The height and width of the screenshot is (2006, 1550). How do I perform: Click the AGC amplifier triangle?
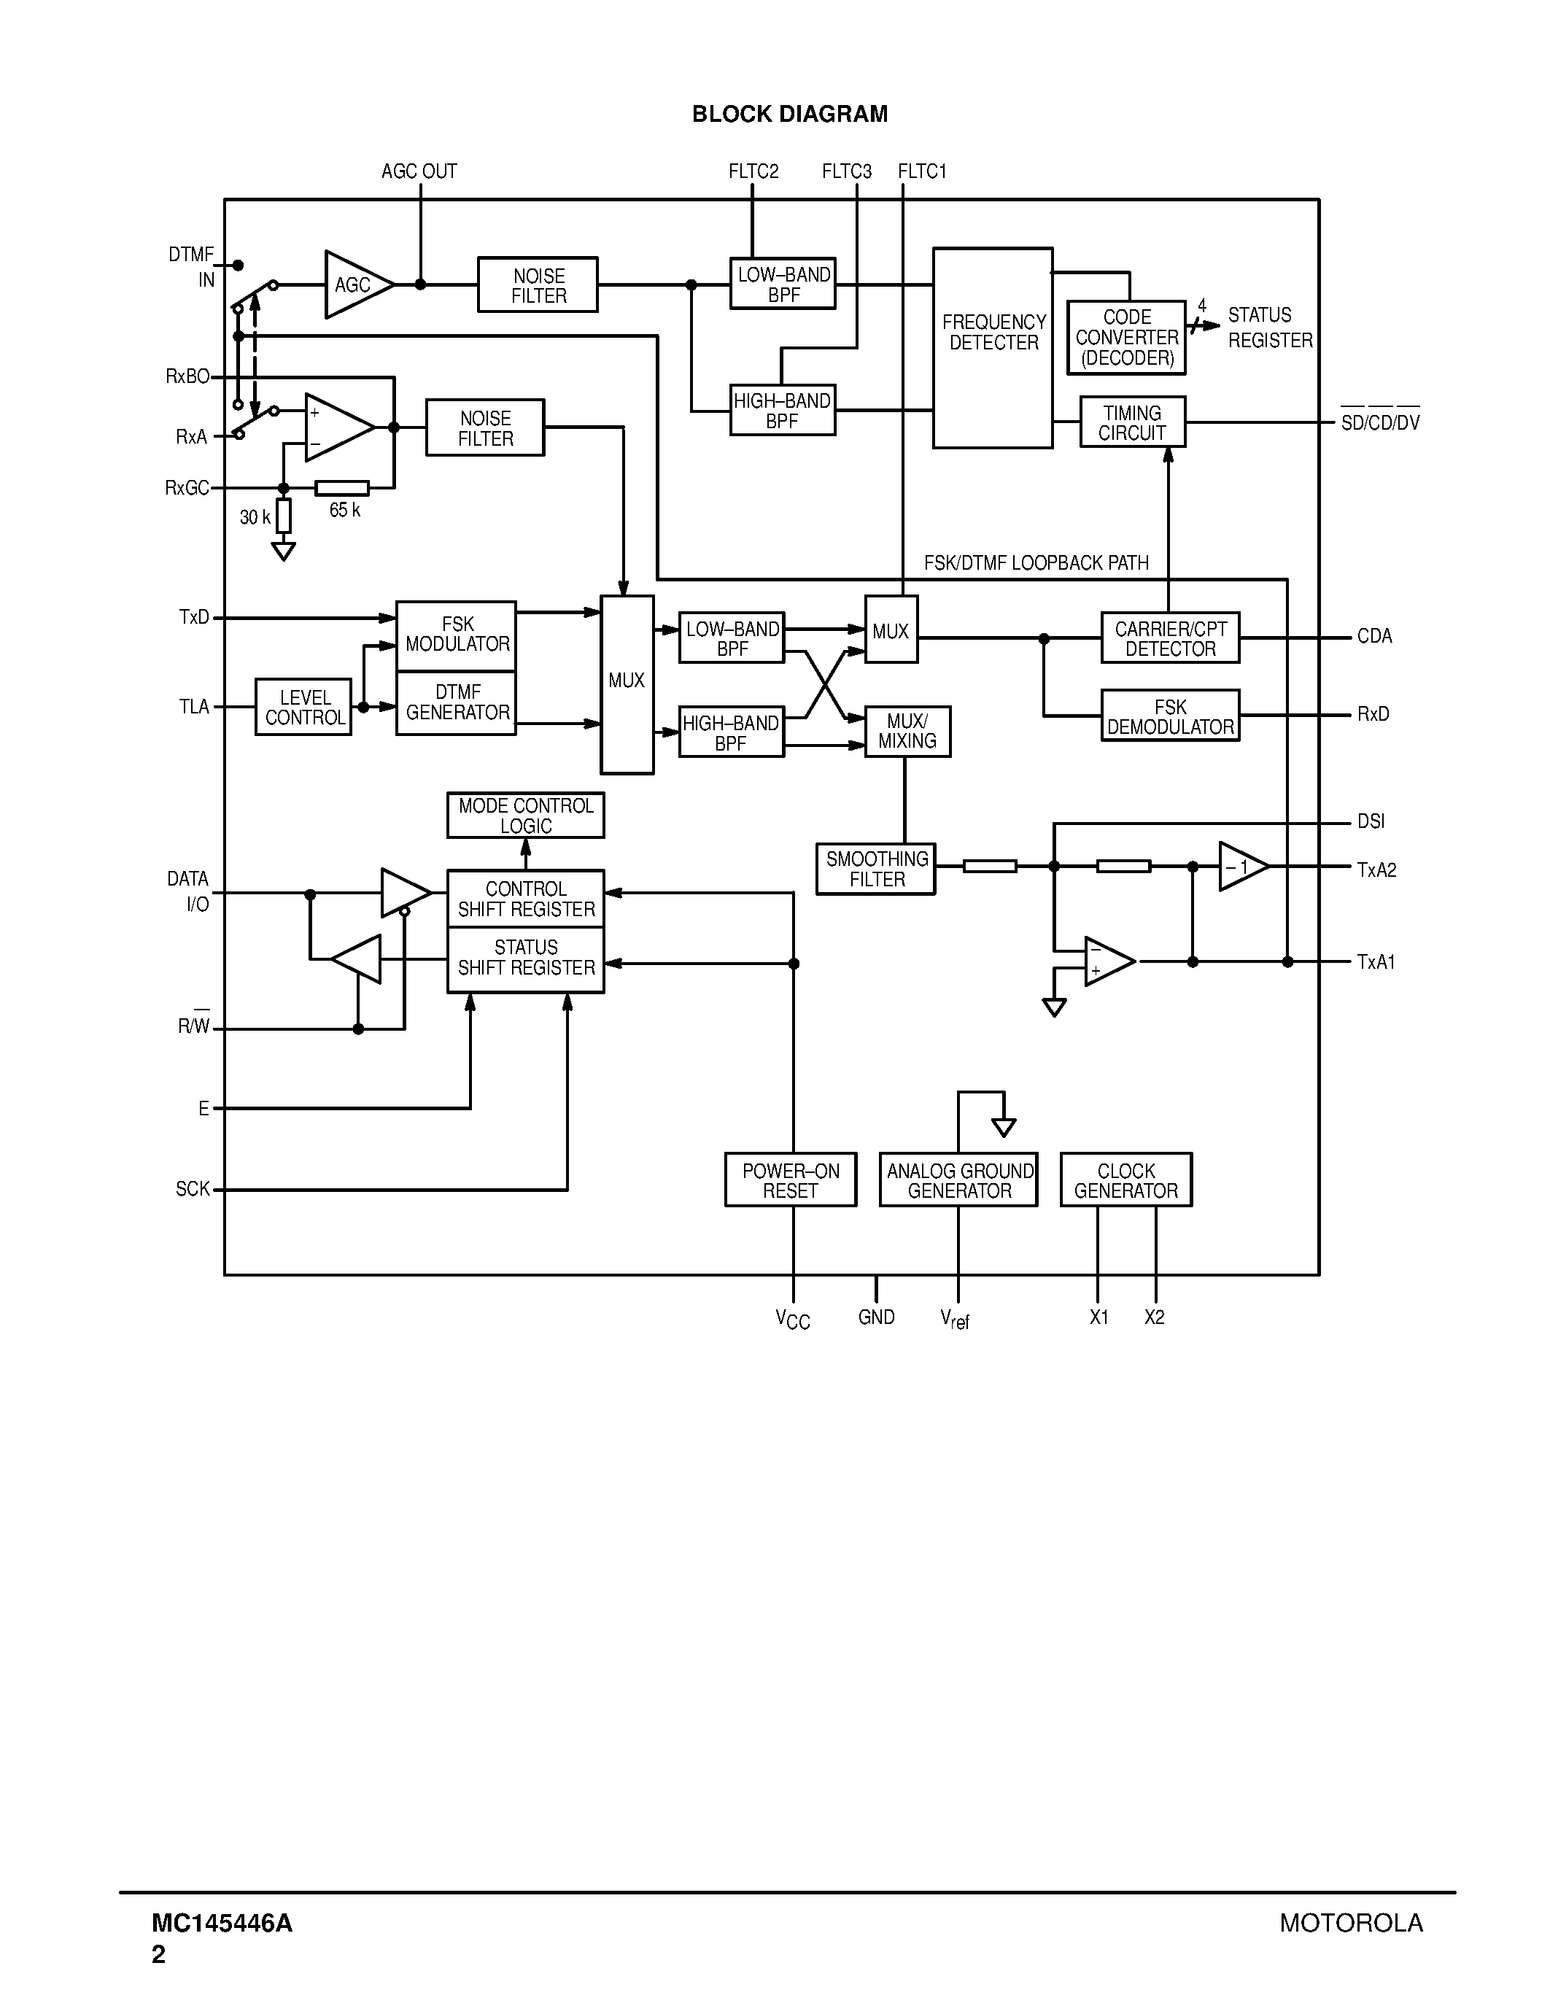[x=354, y=284]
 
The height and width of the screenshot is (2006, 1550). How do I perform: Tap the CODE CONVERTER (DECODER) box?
[x=1125, y=338]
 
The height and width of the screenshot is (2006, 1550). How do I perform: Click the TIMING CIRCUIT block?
[x=1132, y=422]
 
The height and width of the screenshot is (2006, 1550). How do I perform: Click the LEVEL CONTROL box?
[x=303, y=708]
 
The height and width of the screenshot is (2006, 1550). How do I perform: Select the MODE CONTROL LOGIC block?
[x=525, y=816]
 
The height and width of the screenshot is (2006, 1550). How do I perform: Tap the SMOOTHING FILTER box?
[x=876, y=869]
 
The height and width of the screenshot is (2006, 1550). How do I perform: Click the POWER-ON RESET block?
[x=791, y=1180]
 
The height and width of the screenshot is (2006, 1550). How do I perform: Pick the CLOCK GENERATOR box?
[x=1125, y=1180]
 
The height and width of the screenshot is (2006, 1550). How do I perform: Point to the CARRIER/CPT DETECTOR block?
[x=1170, y=638]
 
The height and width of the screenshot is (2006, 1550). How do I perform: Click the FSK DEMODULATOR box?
[x=1170, y=716]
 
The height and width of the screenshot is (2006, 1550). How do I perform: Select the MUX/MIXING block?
[x=907, y=731]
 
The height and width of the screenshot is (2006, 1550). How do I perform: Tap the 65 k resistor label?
[x=345, y=511]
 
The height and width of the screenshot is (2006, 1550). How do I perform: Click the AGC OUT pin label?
[x=419, y=171]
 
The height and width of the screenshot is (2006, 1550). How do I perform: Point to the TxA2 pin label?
[x=1376, y=870]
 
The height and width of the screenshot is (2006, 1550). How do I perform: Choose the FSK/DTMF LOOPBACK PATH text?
[x=1036, y=563]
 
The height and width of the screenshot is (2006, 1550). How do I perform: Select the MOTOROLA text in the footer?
[x=1351, y=1922]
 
